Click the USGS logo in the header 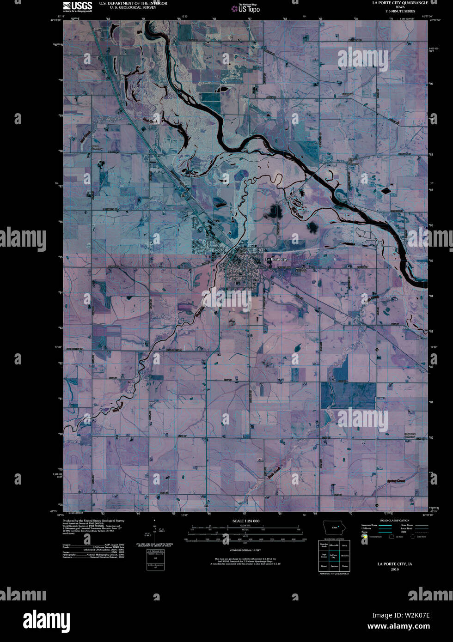pyautogui.click(x=77, y=6)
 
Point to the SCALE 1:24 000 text pyautogui.click(x=245, y=521)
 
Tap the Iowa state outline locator pyautogui.click(x=334, y=528)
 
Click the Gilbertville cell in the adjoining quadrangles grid pyautogui.click(x=334, y=545)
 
